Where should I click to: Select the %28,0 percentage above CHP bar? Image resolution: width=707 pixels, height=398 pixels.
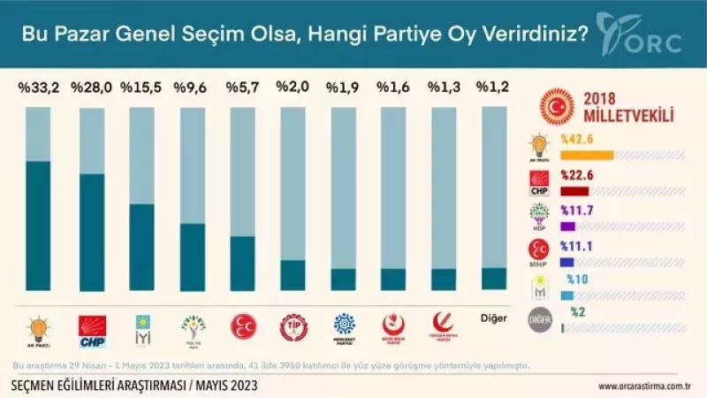coord(90,88)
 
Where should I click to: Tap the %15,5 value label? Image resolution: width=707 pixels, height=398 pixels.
coord(141,88)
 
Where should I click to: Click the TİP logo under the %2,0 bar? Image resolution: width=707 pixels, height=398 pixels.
coord(293,328)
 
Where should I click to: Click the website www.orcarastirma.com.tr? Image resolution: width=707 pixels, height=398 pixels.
coord(643,386)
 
